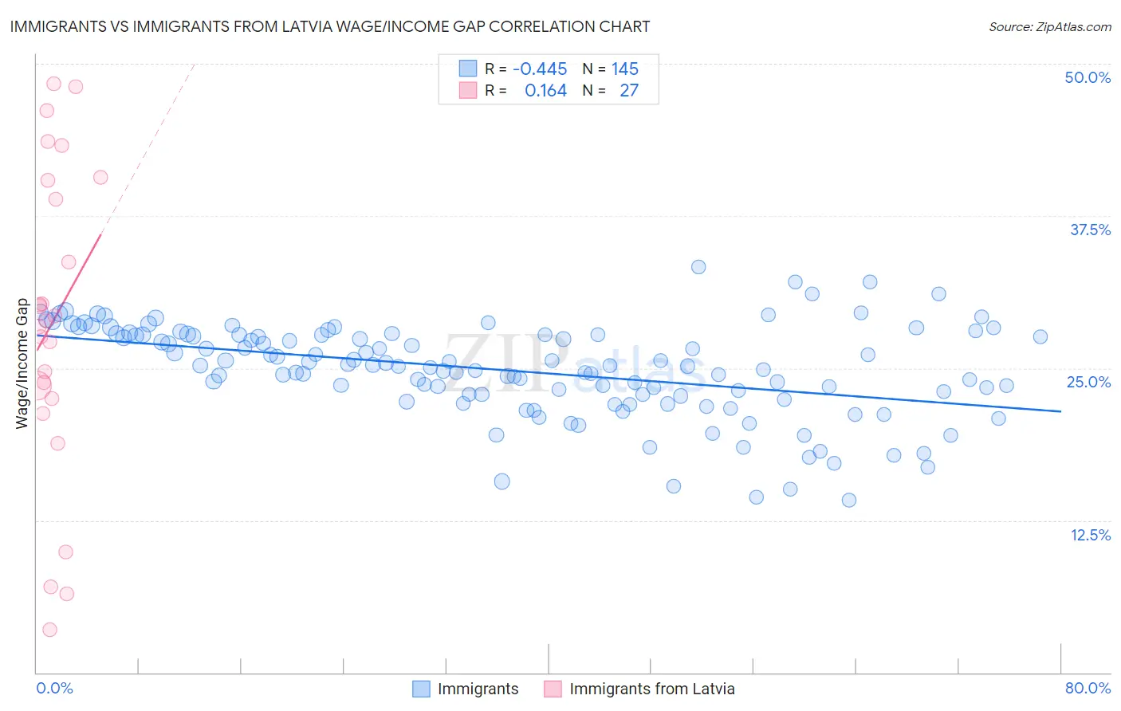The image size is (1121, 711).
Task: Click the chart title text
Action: pyautogui.click(x=329, y=26)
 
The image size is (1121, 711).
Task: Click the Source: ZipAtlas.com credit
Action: pyautogui.click(x=1049, y=26)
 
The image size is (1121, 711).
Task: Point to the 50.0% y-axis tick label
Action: pyautogui.click(x=1088, y=77)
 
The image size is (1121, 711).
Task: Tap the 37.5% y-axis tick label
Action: pyautogui.click(x=1090, y=230)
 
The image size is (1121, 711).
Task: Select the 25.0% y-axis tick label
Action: pyautogui.click(x=1088, y=382)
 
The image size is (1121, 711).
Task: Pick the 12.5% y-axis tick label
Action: pyautogui.click(x=1090, y=535)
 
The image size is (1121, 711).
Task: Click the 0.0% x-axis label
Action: pyautogui.click(x=54, y=688)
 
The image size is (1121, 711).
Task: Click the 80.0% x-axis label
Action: pyautogui.click(x=1088, y=688)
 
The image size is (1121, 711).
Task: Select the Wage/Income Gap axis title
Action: pyautogui.click(x=22, y=363)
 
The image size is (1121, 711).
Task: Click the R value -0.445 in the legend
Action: pyautogui.click(x=540, y=69)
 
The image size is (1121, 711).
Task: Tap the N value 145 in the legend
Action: pyautogui.click(x=625, y=69)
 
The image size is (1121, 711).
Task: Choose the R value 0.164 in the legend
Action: pyautogui.click(x=545, y=91)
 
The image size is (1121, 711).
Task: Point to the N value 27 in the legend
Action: pyautogui.click(x=629, y=91)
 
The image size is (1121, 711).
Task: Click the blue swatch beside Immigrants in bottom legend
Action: pyautogui.click(x=421, y=689)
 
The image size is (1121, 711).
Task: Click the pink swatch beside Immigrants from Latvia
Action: pyautogui.click(x=553, y=689)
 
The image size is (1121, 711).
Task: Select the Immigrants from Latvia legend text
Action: pyautogui.click(x=651, y=689)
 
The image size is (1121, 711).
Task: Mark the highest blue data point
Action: pyautogui.click(x=698, y=267)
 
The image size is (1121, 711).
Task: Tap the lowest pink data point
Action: pyautogui.click(x=49, y=630)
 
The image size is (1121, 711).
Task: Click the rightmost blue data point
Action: pyautogui.click(x=1040, y=337)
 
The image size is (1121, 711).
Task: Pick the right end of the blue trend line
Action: pyautogui.click(x=1061, y=411)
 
